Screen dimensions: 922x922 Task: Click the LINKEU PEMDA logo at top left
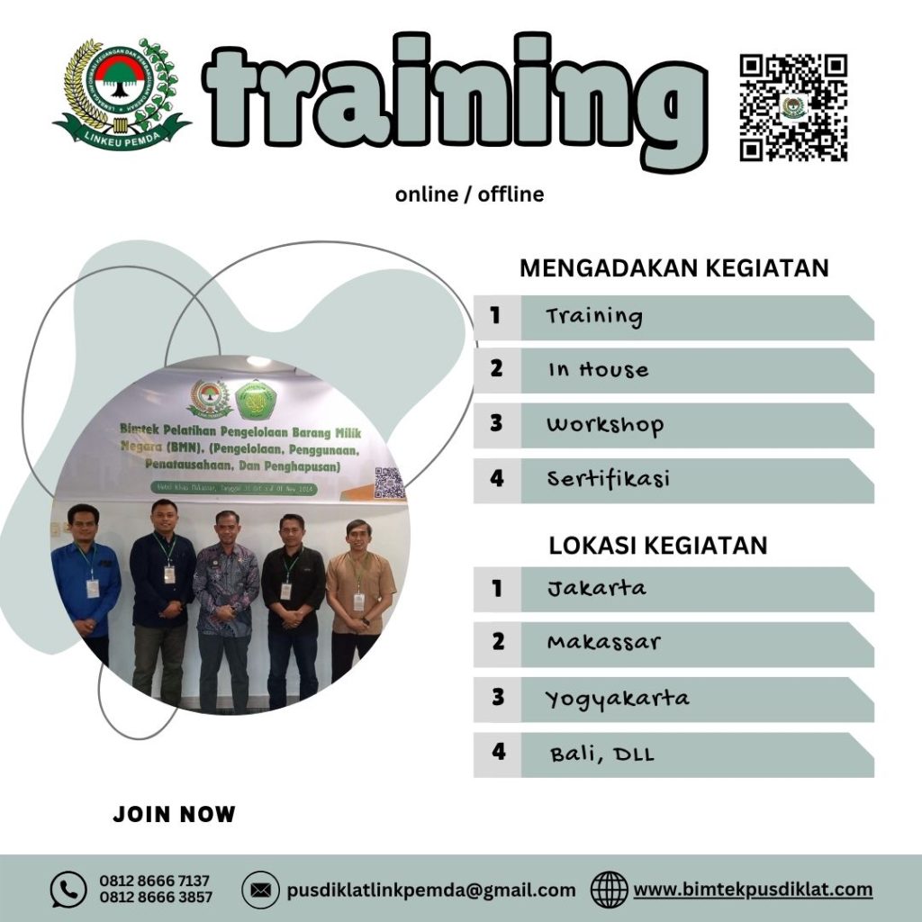[x=122, y=94]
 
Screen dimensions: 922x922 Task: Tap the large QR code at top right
[x=793, y=107]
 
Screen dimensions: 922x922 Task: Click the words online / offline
[x=469, y=194]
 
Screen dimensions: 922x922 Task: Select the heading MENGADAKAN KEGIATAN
[x=674, y=268]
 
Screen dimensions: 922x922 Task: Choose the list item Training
[x=594, y=317]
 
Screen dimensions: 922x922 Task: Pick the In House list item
[x=598, y=370]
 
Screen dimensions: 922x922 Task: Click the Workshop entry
[x=604, y=425]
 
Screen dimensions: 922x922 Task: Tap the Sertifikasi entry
[x=609, y=479]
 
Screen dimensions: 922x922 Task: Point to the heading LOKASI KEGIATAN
[x=658, y=546]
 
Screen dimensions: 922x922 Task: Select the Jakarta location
[x=596, y=589]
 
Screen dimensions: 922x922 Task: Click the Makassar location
[x=603, y=643]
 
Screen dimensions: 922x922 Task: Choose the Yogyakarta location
[x=617, y=699]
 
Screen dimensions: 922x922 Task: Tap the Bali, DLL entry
[x=601, y=755]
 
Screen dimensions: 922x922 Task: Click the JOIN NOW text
[x=174, y=815]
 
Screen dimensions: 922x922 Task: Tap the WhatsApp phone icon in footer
[x=68, y=890]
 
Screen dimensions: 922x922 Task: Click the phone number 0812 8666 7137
[x=155, y=881]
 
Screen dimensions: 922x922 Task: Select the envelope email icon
[x=260, y=890]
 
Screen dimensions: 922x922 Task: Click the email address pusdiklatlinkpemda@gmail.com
[x=431, y=890]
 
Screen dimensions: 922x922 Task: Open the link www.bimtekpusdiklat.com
[x=753, y=890]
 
